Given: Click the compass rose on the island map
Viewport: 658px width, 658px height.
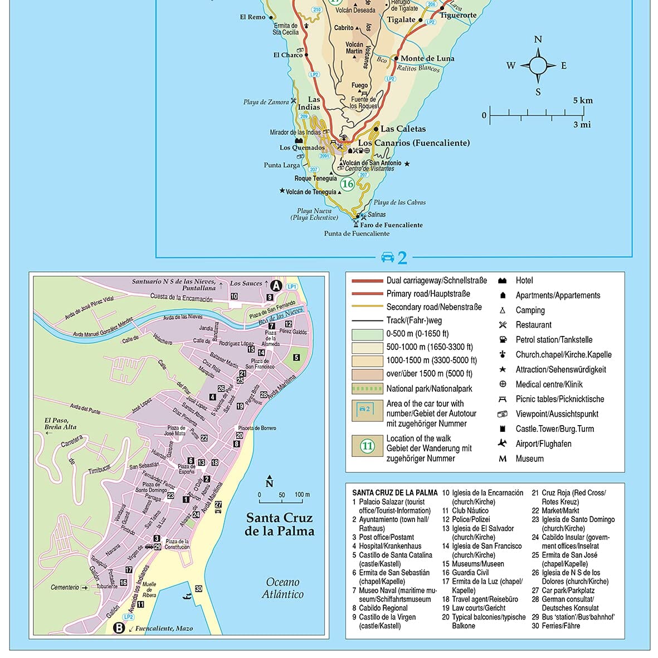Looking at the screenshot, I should (538, 66).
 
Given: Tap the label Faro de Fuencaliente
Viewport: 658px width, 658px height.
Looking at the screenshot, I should (391, 225).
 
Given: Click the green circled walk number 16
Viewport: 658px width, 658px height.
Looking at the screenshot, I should (348, 184).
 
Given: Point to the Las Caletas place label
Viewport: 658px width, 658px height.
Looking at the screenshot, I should (403, 129).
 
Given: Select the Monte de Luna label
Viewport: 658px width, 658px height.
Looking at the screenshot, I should (427, 59).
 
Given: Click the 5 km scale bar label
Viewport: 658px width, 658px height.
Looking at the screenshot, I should (583, 101).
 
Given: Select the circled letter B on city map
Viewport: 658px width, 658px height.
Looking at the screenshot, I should (119, 628).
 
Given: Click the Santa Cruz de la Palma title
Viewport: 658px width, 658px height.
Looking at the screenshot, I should (279, 524).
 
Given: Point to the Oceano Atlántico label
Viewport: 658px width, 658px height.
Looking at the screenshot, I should (282, 588).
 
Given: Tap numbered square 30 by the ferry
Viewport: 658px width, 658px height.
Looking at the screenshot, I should (198, 589).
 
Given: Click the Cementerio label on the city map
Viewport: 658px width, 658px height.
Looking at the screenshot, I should (65, 587).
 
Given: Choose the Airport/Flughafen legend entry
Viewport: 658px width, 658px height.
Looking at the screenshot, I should (543, 444).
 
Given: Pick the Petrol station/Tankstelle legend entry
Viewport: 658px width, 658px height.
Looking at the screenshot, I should (554, 340).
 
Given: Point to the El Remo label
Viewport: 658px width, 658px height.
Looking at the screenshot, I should (252, 17).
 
